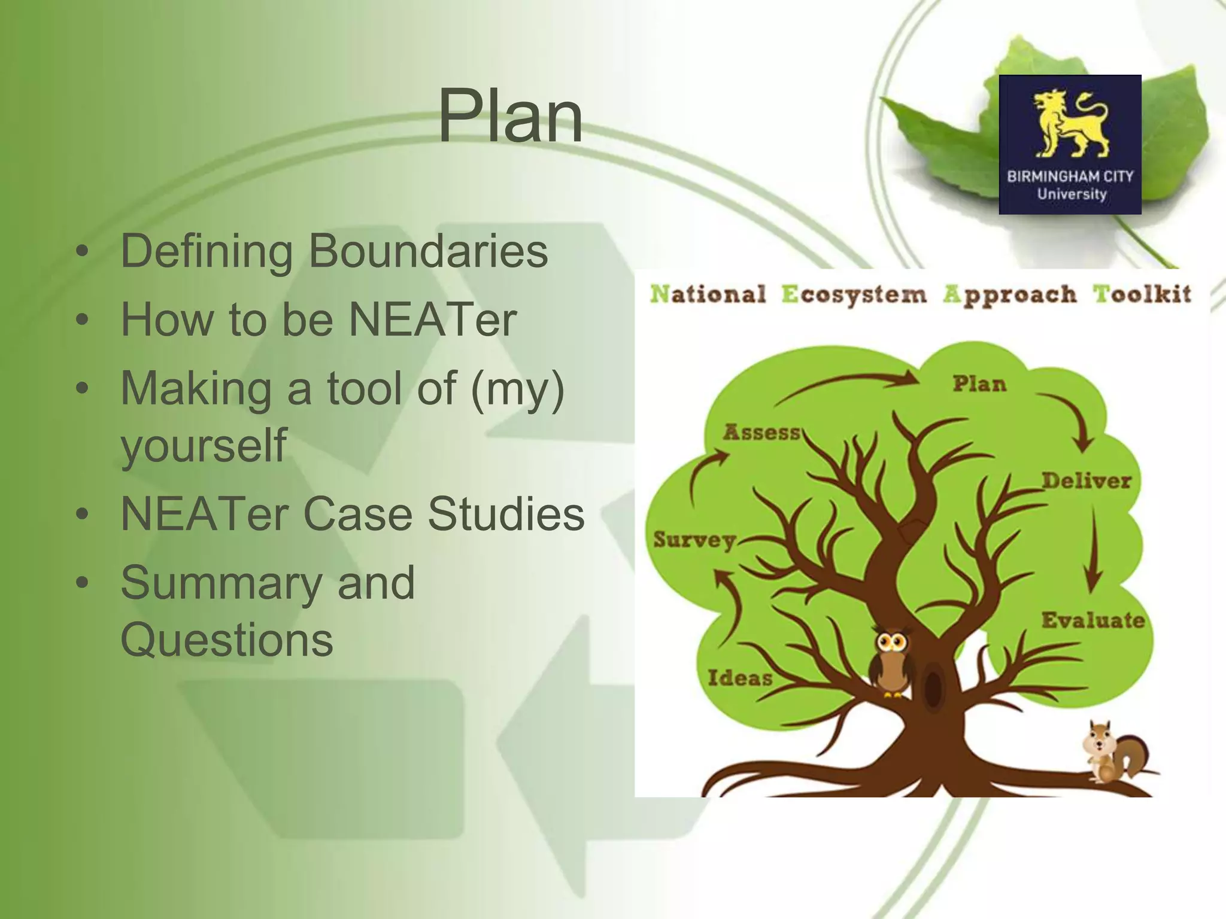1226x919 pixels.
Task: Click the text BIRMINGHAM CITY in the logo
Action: (x=1070, y=177)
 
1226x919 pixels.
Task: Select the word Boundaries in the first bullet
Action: (x=427, y=251)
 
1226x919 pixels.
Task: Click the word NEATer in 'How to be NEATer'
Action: (x=432, y=319)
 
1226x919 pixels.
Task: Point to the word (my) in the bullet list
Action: (x=518, y=388)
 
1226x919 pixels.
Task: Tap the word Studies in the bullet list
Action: (x=505, y=514)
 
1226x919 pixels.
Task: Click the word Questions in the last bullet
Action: (x=226, y=640)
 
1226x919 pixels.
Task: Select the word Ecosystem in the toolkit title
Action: (x=854, y=294)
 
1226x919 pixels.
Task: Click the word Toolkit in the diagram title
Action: (x=1142, y=294)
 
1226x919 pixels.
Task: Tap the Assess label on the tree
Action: (x=761, y=432)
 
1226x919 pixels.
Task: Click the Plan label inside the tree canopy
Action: (x=979, y=384)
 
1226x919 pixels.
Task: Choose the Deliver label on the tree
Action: (x=1087, y=480)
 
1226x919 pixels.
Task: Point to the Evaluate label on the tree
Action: (x=1093, y=620)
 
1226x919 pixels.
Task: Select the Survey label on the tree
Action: (x=694, y=540)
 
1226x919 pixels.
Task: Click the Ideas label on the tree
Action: (x=740, y=678)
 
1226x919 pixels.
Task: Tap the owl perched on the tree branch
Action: (x=892, y=661)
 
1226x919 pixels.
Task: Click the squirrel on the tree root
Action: (x=1114, y=753)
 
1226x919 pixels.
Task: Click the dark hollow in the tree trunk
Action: (x=933, y=688)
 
